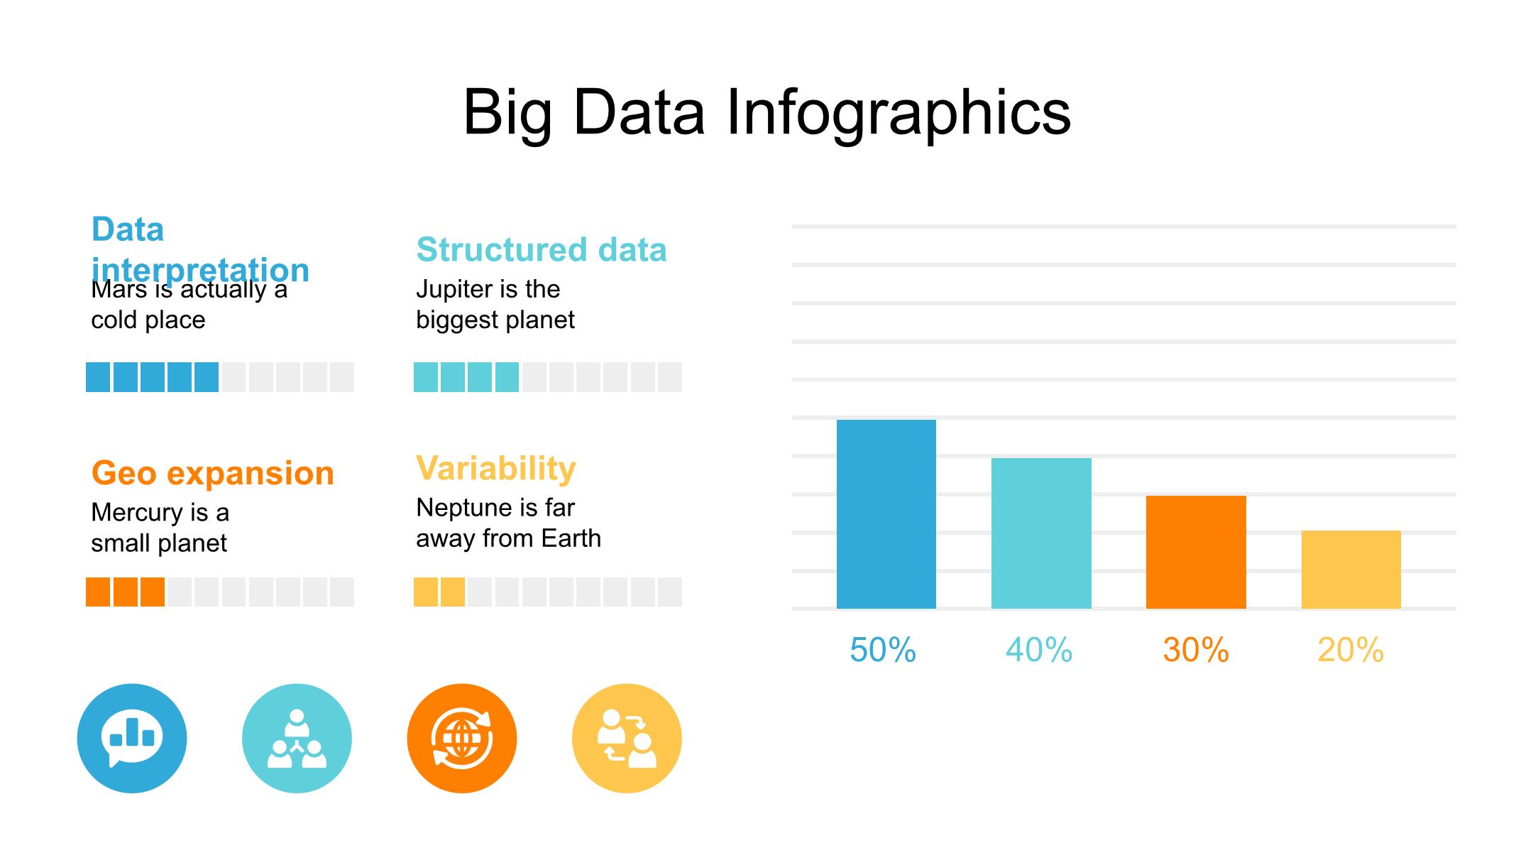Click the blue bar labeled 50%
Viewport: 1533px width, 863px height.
pyautogui.click(x=886, y=514)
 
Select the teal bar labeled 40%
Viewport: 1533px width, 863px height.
pyautogui.click(x=1041, y=533)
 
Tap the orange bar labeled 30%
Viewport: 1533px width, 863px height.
pyautogui.click(x=1196, y=552)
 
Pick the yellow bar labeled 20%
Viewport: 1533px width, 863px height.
pyautogui.click(x=1351, y=570)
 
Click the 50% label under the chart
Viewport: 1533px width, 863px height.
pyautogui.click(x=883, y=650)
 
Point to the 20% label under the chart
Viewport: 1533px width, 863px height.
pyautogui.click(x=1351, y=650)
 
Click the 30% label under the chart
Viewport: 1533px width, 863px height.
pyautogui.click(x=1196, y=650)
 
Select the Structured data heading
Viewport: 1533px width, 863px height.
pyautogui.click(x=542, y=249)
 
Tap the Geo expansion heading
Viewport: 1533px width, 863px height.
pyautogui.click(x=213, y=473)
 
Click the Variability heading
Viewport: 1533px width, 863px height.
pyautogui.click(x=496, y=469)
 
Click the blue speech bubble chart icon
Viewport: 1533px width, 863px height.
pyautogui.click(x=132, y=739)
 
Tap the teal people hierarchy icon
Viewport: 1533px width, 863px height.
pyautogui.click(x=297, y=739)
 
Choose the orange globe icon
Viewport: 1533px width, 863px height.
pyautogui.click(x=462, y=739)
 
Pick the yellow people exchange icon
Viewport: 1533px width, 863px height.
pyautogui.click(x=627, y=739)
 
